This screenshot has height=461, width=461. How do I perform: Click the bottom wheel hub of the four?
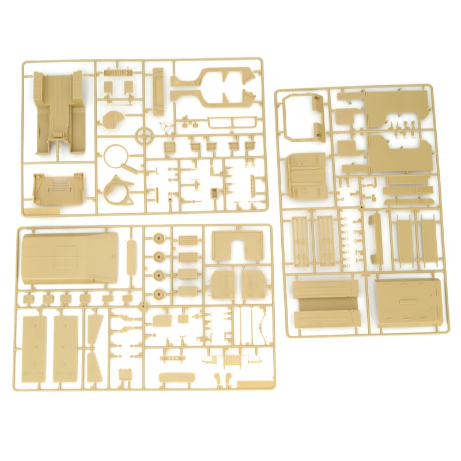click(x=158, y=293)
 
